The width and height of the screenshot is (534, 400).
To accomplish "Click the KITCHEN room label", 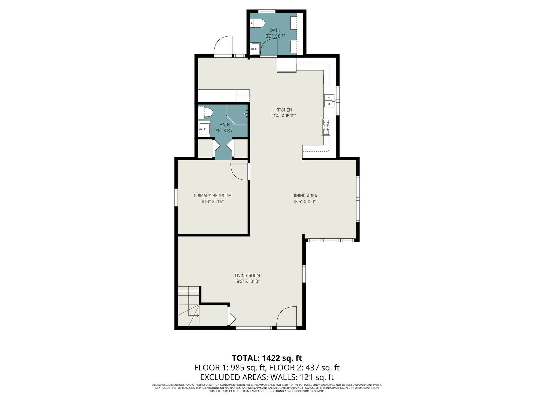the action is (x=283, y=110).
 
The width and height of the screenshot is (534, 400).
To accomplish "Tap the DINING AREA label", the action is (x=305, y=196).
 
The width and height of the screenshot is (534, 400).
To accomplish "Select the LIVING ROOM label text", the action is (x=247, y=275).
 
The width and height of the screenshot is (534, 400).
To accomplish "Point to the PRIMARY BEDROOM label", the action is (x=212, y=196).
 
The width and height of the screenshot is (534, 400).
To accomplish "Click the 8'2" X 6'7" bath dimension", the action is (x=275, y=36).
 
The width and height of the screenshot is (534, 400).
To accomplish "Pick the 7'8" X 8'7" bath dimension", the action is (x=224, y=130).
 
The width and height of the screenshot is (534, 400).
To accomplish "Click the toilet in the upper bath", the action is (x=257, y=23).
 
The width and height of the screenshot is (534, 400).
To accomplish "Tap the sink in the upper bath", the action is (x=255, y=49).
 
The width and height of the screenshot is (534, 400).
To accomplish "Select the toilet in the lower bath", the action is (x=206, y=113).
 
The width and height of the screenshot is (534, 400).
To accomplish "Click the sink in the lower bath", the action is (x=204, y=129).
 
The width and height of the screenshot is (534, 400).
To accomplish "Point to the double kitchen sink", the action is (x=330, y=101).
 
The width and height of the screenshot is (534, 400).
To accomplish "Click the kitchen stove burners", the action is (x=326, y=127).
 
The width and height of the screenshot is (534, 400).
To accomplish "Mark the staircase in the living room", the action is (x=189, y=306).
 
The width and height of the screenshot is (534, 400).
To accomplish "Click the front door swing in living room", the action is (x=287, y=316).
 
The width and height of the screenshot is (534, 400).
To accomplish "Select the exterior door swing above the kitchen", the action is (x=223, y=45).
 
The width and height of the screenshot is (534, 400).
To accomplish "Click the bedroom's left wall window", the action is (x=176, y=197).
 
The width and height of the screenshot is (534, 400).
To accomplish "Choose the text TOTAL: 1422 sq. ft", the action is (x=267, y=358).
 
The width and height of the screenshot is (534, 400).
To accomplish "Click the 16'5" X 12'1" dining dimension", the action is (x=305, y=202).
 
